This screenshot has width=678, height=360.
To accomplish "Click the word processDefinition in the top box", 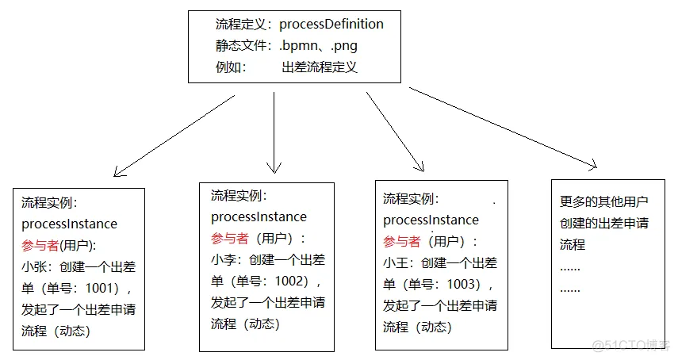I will click(x=331, y=24).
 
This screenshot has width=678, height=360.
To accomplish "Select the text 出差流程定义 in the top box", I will click(x=320, y=67).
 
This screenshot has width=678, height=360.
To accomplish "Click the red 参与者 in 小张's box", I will click(x=39, y=245).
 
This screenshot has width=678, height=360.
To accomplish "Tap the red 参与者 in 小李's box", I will click(x=230, y=238).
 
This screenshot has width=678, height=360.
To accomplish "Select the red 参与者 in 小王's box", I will click(x=402, y=241).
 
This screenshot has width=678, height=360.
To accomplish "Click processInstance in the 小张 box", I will click(x=69, y=224).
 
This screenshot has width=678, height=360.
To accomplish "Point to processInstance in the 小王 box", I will click(x=431, y=220).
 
